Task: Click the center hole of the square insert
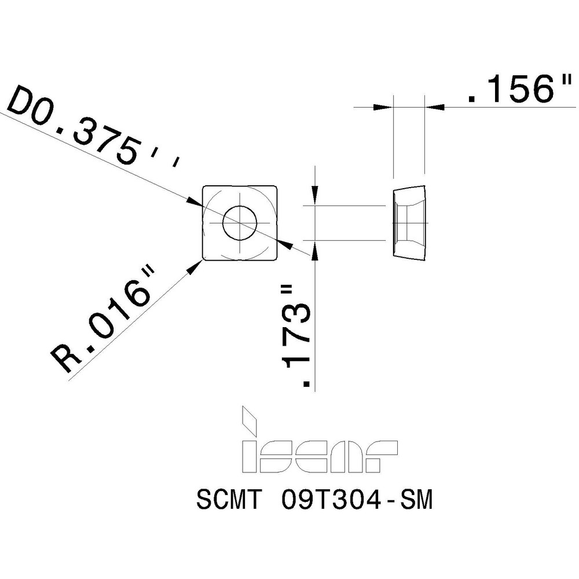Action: coord(239,222)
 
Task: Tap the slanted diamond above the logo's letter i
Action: coord(250,421)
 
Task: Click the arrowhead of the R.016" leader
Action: coord(196,265)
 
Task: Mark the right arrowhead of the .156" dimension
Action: coord(435,107)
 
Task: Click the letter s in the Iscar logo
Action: coord(280,456)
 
